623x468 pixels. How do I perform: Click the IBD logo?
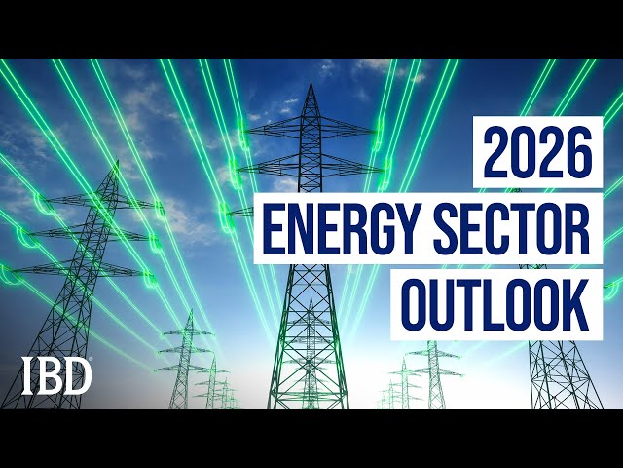56,375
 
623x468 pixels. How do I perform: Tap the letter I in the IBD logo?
29,375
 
